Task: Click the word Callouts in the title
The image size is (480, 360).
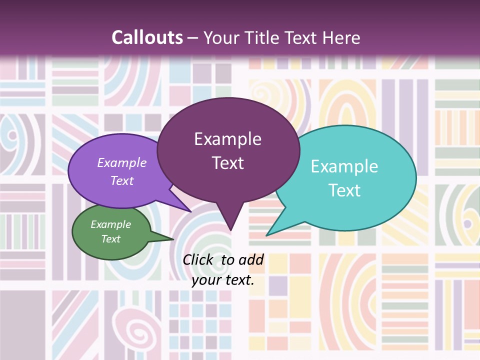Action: [147, 37]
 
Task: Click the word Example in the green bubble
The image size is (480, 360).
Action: [110, 224]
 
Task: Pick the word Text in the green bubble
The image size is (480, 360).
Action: [110, 239]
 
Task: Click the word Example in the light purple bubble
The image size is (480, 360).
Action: [122, 162]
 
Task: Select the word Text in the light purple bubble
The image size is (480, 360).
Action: [122, 180]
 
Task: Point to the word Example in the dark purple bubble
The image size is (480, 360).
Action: [227, 139]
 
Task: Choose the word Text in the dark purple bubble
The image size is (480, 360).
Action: [227, 163]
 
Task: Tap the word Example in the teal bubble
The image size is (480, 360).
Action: [344, 166]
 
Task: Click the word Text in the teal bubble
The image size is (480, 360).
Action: [344, 190]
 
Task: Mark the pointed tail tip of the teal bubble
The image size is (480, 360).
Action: [266, 235]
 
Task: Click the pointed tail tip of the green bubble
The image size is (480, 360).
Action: [173, 239]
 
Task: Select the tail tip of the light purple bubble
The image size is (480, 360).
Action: [191, 212]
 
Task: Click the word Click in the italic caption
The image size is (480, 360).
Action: [198, 259]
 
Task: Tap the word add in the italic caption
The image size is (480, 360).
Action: [250, 259]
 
